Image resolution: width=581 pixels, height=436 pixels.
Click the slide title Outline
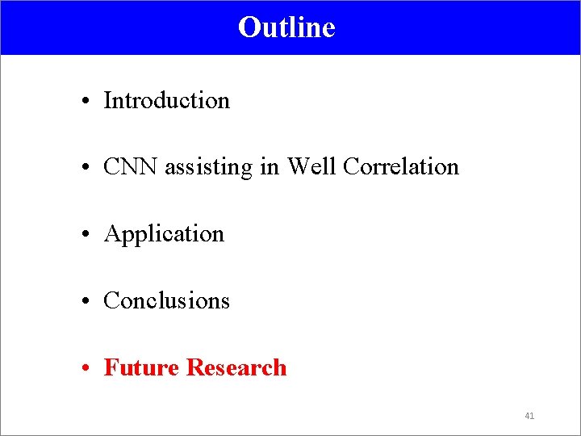[286, 27]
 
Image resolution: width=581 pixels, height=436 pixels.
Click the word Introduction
[167, 101]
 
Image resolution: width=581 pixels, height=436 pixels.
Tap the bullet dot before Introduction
[85, 102]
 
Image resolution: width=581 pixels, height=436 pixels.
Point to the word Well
[312, 167]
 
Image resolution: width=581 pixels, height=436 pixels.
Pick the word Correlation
[400, 167]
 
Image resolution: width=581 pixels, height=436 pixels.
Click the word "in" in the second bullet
[268, 167]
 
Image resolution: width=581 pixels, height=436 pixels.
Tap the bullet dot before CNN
[85, 168]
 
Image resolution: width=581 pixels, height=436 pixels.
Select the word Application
[164, 235]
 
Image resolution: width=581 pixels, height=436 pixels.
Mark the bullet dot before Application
[85, 235]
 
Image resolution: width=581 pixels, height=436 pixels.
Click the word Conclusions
[167, 301]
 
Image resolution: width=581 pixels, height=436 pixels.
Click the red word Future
[142, 368]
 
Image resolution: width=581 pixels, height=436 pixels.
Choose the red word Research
[236, 368]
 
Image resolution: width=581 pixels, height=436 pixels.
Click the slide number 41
[529, 416]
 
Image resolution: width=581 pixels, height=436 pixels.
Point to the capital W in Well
[298, 167]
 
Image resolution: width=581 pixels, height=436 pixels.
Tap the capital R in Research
[194, 368]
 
